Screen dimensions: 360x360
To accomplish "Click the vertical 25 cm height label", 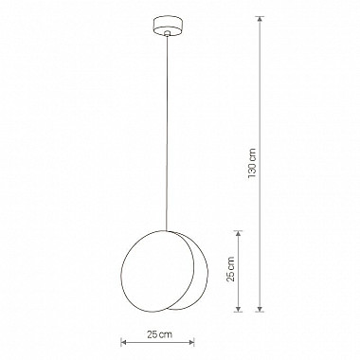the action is point(231,269).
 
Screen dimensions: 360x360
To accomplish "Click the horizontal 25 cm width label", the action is point(159,334).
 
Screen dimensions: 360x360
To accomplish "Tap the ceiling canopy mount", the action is point(167,27).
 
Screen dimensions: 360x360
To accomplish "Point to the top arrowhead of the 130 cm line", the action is point(261,20).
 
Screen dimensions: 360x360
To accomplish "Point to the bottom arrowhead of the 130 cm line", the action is point(261,308).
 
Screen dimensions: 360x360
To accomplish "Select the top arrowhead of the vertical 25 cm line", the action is point(238,235).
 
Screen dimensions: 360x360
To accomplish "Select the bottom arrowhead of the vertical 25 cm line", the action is point(238,308).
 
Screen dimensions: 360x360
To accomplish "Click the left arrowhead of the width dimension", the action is point(124,342).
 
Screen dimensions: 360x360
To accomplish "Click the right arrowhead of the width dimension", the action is point(190,342).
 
